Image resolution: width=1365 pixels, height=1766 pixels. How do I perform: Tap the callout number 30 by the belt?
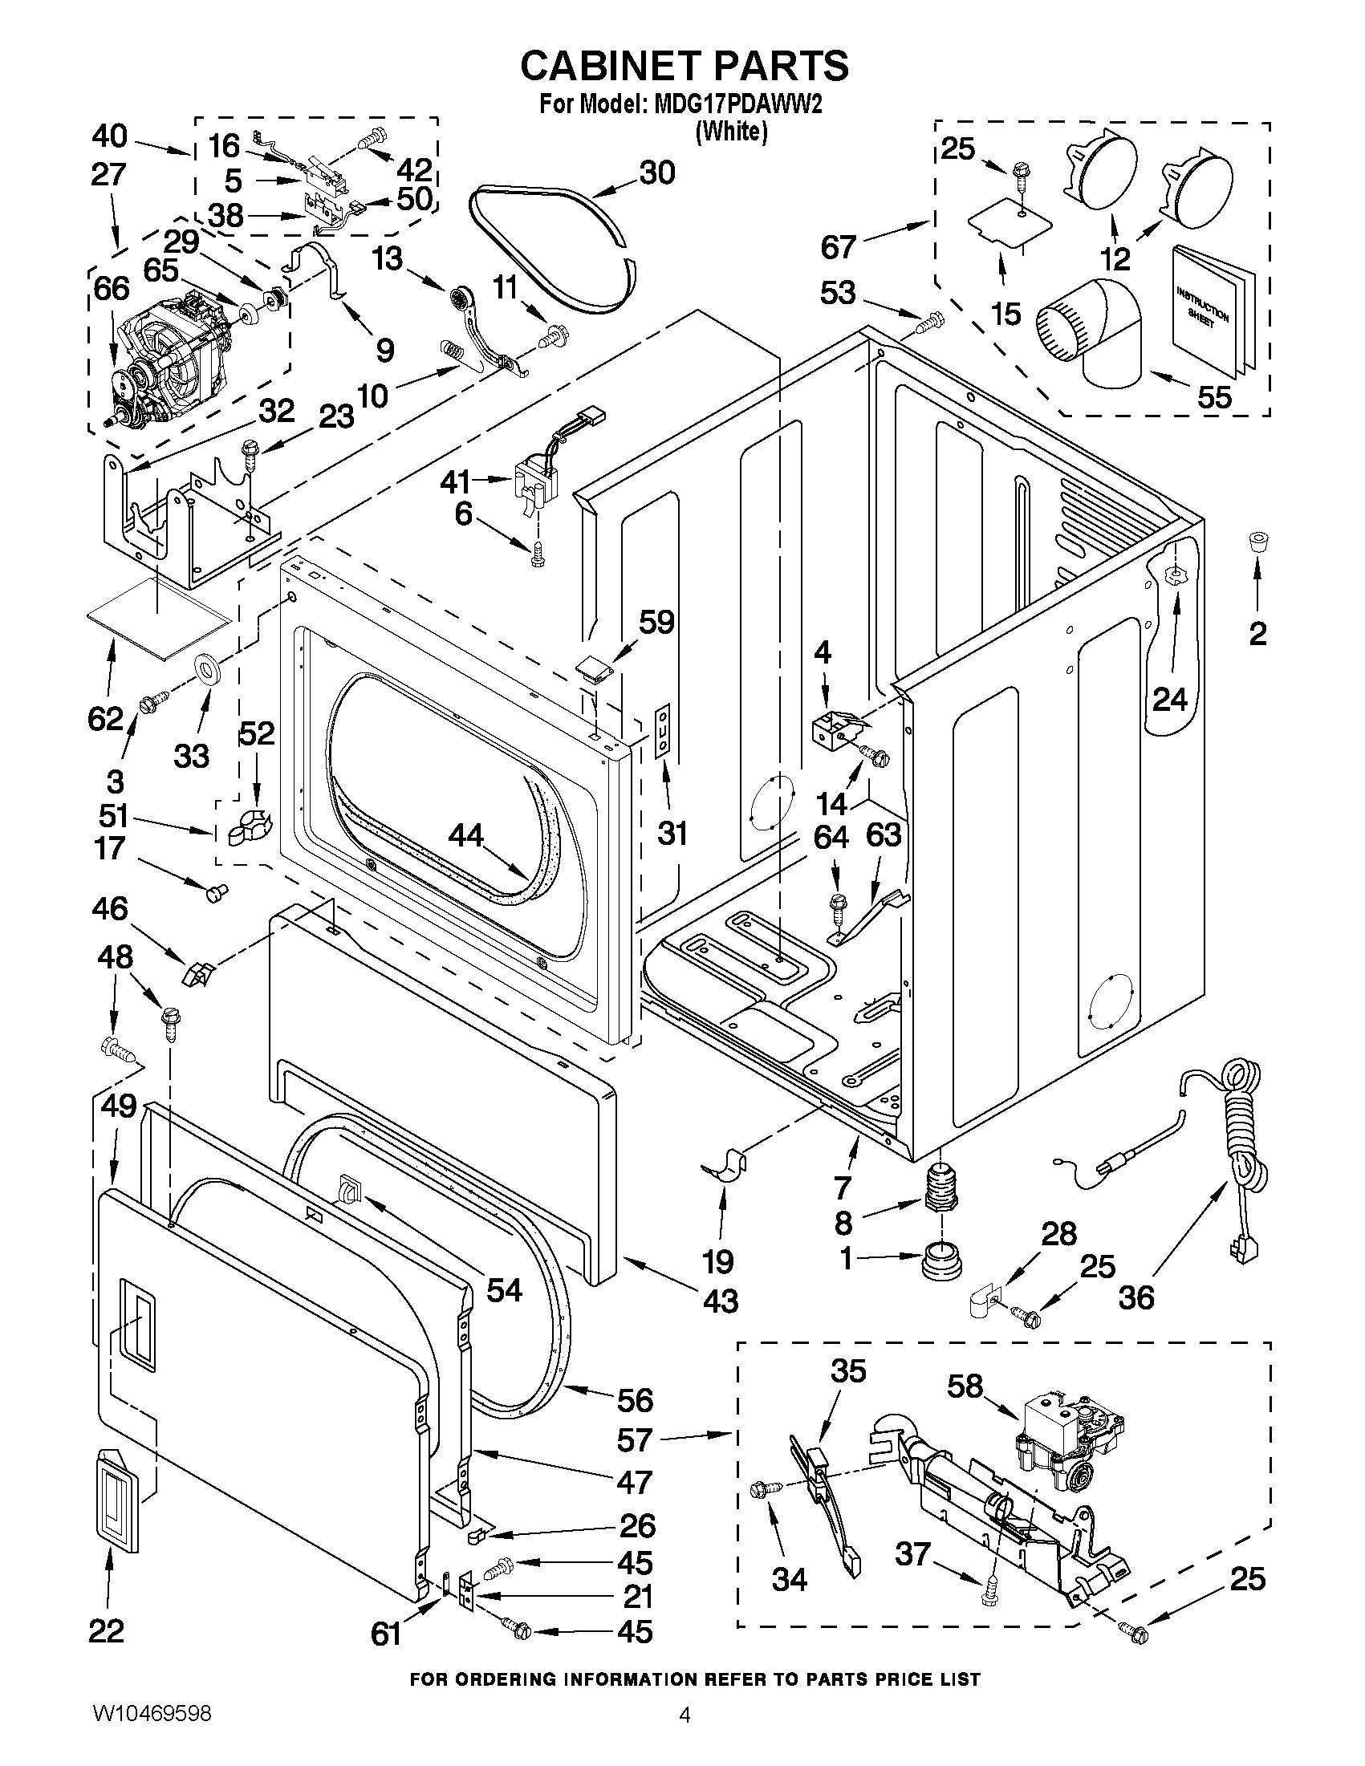656,173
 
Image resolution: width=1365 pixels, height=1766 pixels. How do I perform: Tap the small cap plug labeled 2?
1257,541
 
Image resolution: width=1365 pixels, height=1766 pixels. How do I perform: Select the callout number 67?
839,246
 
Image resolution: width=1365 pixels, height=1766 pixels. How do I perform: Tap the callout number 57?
634,1439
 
